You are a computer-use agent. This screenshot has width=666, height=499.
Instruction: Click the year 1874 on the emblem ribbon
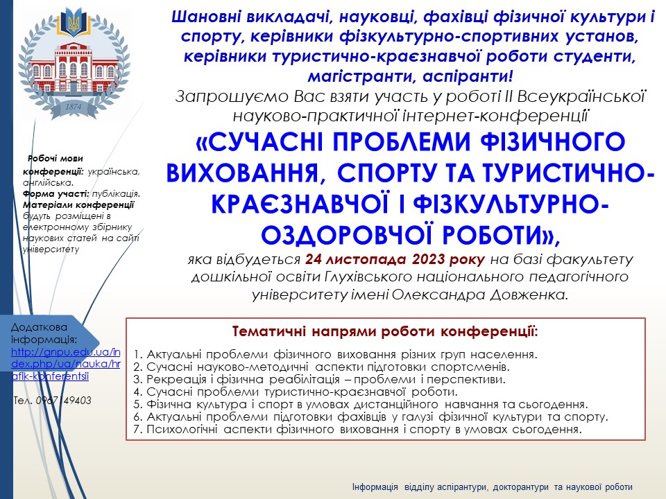[x=73, y=107]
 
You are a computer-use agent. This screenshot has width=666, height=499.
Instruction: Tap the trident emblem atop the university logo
[x=74, y=22]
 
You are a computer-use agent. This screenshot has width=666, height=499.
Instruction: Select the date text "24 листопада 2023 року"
[x=395, y=259]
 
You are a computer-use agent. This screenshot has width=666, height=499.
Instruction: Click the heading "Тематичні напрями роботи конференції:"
[x=385, y=331]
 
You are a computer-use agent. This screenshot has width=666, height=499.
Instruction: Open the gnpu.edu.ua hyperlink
[x=66, y=364]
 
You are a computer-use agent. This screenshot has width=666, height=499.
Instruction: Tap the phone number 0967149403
[x=64, y=401]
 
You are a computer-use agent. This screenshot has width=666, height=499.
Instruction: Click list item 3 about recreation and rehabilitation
[x=319, y=379]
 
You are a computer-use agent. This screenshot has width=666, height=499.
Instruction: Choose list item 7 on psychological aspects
[x=357, y=429]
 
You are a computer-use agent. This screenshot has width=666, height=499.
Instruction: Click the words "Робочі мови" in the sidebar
[x=55, y=159]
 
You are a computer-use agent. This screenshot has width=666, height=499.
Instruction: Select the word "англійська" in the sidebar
[x=48, y=183]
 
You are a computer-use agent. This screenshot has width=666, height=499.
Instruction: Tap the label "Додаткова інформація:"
[x=44, y=333]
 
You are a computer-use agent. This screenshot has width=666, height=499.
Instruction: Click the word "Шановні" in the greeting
[x=201, y=17]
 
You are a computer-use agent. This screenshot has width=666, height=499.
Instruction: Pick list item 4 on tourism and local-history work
[x=296, y=392]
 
